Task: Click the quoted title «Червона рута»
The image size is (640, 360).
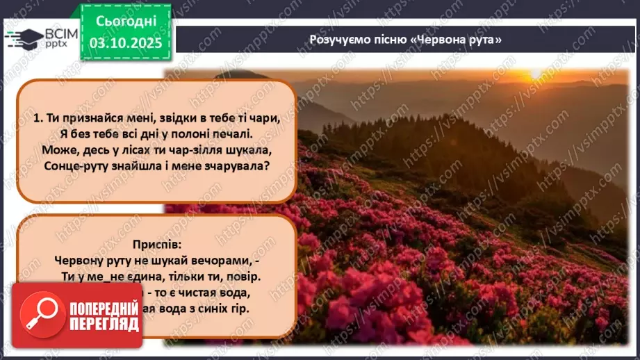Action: pos(456,40)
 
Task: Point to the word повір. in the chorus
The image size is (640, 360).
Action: pos(243,276)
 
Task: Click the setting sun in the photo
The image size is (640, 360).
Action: pos(534,74)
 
